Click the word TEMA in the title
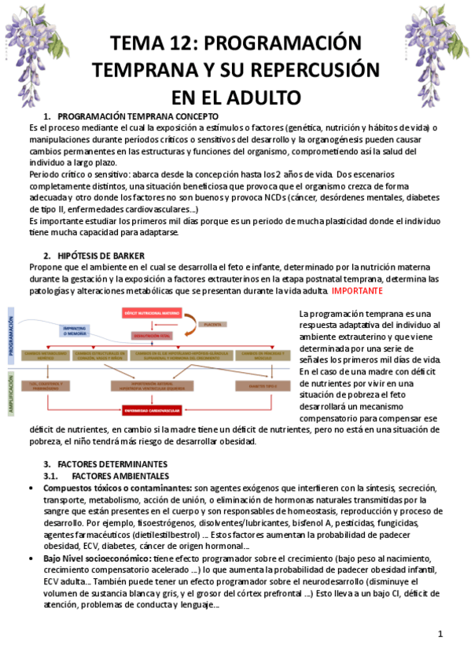138,42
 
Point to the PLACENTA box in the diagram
211,323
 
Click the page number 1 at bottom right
440,634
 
